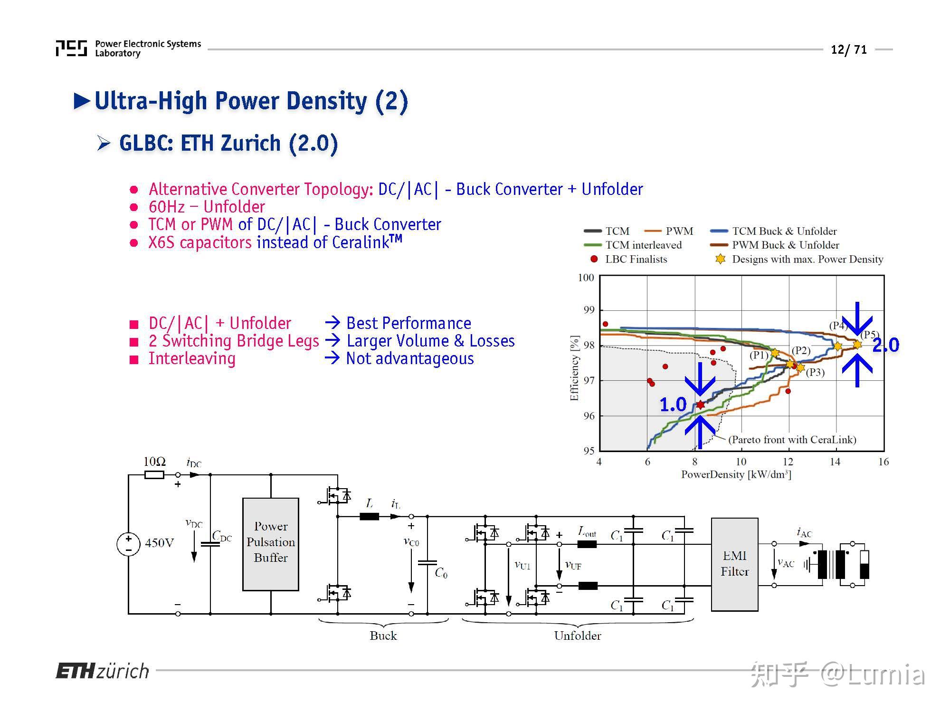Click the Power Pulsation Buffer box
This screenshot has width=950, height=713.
tap(270, 544)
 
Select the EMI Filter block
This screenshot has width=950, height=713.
tap(734, 564)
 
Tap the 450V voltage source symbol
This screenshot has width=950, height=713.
tap(128, 544)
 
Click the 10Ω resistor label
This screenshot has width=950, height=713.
tap(154, 462)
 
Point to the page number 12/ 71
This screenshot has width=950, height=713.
tap(849, 49)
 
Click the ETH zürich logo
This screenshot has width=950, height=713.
tap(102, 671)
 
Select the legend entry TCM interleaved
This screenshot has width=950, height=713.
tap(643, 245)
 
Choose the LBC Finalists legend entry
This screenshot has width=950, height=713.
tap(636, 259)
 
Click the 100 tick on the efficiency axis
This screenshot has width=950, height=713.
tap(586, 278)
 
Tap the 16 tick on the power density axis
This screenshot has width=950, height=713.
tap(883, 462)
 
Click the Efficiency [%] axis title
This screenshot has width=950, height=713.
tap(575, 368)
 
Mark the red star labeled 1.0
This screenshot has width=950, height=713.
tap(700, 405)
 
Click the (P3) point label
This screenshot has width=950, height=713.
tap(815, 372)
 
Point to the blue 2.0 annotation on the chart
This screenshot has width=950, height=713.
tap(885, 345)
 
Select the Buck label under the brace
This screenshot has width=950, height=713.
tap(383, 636)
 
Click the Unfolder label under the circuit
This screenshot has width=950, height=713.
tap(577, 636)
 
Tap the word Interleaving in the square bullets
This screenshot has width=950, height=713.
tap(192, 358)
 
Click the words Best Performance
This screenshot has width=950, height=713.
tap(408, 323)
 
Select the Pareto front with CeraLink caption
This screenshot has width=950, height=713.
tap(792, 440)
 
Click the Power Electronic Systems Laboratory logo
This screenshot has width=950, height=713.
tap(128, 48)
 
